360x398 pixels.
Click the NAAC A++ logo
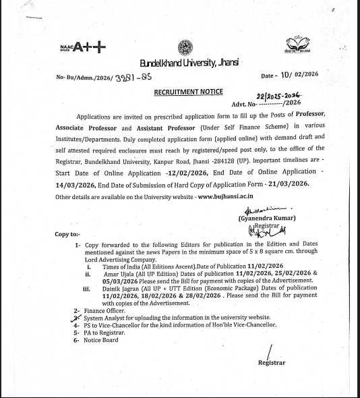(x=82, y=47)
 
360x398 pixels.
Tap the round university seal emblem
(x=185, y=47)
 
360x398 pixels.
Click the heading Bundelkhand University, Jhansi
(x=189, y=63)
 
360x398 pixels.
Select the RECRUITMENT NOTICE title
(x=189, y=91)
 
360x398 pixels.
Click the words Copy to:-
(x=68, y=234)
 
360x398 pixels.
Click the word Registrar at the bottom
(x=272, y=363)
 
